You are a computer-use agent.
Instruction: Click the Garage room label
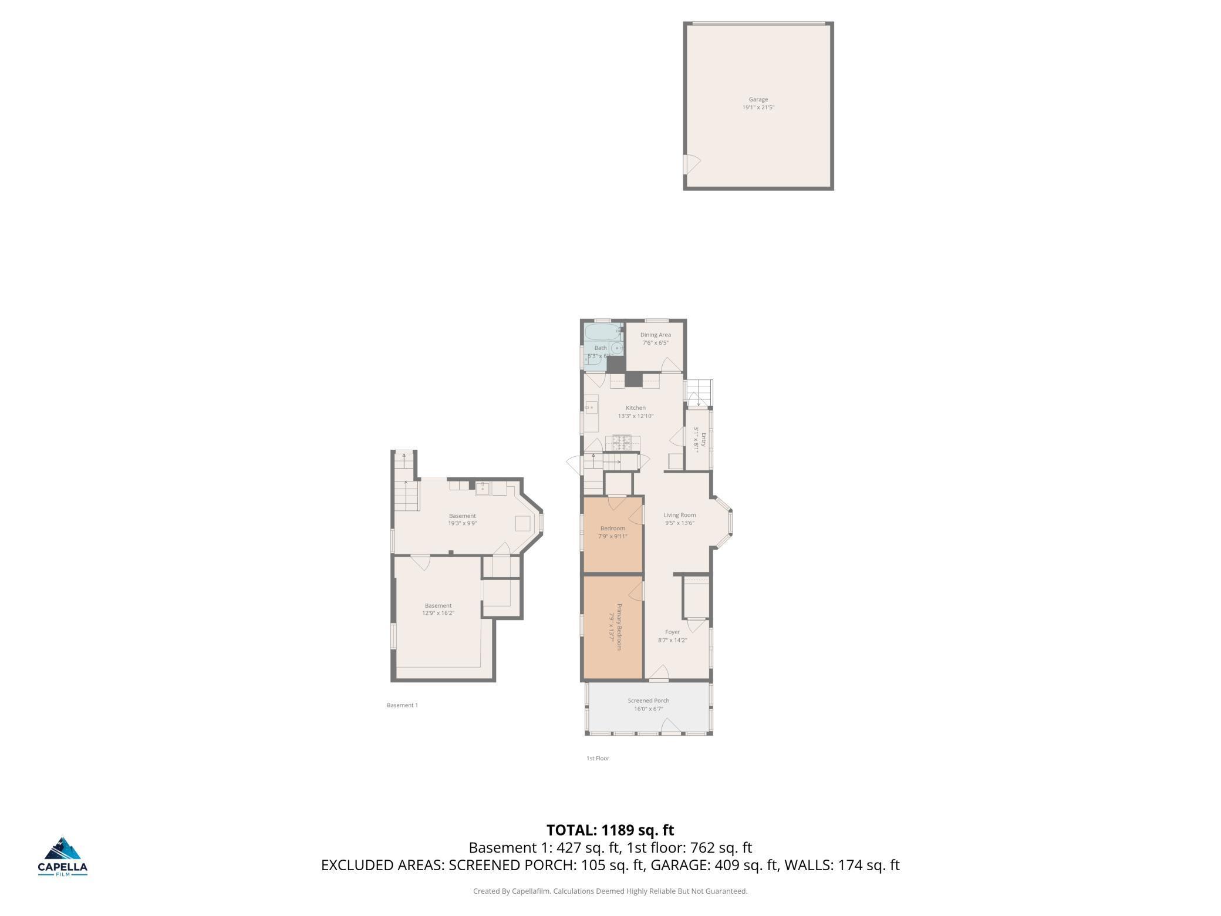[x=758, y=100]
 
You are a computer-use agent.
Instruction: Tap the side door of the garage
[x=691, y=164]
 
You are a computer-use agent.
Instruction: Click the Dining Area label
[x=655, y=335]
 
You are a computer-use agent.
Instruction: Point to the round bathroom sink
[x=616, y=348]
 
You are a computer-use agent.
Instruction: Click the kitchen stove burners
[x=620, y=443]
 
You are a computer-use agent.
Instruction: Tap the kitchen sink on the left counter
[x=591, y=408]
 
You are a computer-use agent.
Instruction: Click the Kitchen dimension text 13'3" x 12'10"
[x=635, y=416]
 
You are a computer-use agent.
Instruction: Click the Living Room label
[x=679, y=515]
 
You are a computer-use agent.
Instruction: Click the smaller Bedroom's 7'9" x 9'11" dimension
[x=612, y=536]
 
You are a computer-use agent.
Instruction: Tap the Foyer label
[x=672, y=632]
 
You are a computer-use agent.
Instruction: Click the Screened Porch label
[x=648, y=701]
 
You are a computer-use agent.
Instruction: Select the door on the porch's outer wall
[x=671, y=729]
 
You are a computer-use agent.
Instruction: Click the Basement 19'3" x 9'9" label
[x=462, y=520]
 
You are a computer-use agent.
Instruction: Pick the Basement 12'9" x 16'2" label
[x=438, y=609]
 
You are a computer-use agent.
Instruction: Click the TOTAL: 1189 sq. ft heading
[x=610, y=830]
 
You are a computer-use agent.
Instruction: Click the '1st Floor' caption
[x=598, y=758]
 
